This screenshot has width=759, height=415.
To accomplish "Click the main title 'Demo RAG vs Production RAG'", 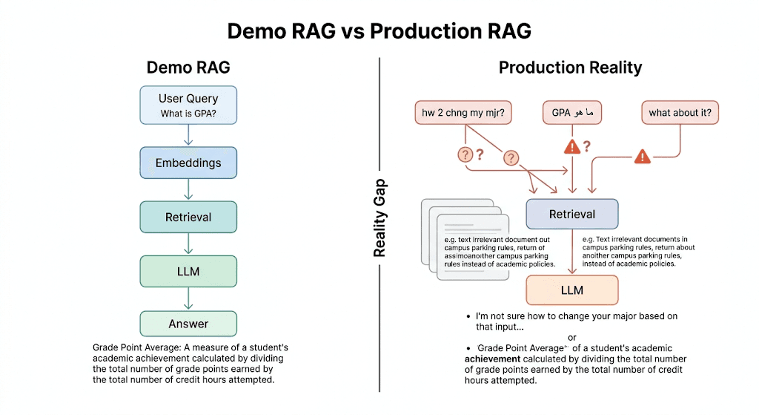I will [379, 31].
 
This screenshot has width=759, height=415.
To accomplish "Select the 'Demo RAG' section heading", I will [188, 68].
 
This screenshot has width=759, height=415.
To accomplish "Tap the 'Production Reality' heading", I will [570, 68].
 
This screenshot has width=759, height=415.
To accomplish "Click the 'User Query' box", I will [188, 105].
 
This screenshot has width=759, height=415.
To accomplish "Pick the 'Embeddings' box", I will [188, 163].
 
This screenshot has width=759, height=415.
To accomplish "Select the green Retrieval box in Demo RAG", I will [188, 217].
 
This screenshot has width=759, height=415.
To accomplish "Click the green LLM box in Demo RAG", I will [188, 271].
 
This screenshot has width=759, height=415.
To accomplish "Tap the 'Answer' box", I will [188, 324].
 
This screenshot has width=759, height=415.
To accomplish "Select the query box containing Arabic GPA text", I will [572, 113].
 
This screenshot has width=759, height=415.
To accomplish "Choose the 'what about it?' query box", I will [680, 113].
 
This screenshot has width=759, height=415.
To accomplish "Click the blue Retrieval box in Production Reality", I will [571, 214].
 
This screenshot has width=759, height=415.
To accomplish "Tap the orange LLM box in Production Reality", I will [571, 290].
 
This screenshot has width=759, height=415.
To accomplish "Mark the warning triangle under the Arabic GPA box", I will [571, 147].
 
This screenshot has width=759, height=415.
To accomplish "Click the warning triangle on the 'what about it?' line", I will [642, 156].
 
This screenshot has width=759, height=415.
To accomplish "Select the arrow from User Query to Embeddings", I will [188, 135].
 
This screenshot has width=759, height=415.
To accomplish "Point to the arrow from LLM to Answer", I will [188, 298].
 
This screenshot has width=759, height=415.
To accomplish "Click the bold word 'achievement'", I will [496, 359].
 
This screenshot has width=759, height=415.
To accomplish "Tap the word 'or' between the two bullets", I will [571, 338].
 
